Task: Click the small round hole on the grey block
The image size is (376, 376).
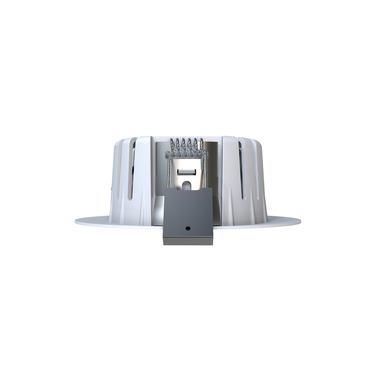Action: [x=188, y=228]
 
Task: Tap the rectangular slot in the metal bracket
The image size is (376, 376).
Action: [x=187, y=172]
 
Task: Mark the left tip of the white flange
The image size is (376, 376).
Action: [x=76, y=222]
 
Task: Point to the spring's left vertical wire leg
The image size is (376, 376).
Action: [x=169, y=173]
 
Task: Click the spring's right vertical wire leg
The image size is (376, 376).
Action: [x=205, y=173]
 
